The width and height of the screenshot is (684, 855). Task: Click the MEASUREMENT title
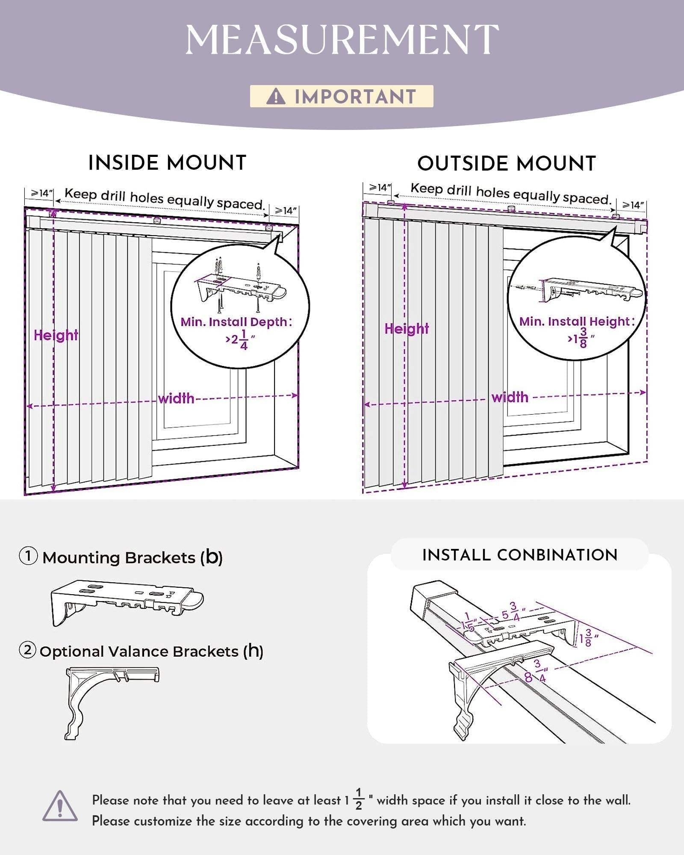tap(342, 39)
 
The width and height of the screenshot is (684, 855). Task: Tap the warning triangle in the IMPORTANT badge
tap(276, 96)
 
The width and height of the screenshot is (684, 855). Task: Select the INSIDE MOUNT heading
tap(167, 163)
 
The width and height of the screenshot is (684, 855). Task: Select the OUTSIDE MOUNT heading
tap(507, 164)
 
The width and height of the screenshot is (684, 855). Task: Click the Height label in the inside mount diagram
tap(56, 335)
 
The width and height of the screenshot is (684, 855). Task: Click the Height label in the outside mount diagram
tap(407, 329)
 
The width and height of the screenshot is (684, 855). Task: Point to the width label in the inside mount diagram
tap(176, 399)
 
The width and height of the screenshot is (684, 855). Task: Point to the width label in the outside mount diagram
tap(510, 398)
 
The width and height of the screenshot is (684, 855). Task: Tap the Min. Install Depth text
tap(236, 322)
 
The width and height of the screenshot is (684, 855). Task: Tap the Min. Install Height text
tap(577, 321)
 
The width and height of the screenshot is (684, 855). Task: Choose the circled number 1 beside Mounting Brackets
tap(28, 557)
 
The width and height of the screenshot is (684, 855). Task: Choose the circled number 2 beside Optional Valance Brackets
tap(28, 651)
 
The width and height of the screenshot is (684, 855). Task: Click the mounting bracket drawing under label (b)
tap(127, 601)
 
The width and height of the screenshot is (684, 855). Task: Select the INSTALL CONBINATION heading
tap(520, 555)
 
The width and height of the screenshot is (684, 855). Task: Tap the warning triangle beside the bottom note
tap(60, 806)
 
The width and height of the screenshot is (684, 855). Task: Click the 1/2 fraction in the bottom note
tap(359, 799)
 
